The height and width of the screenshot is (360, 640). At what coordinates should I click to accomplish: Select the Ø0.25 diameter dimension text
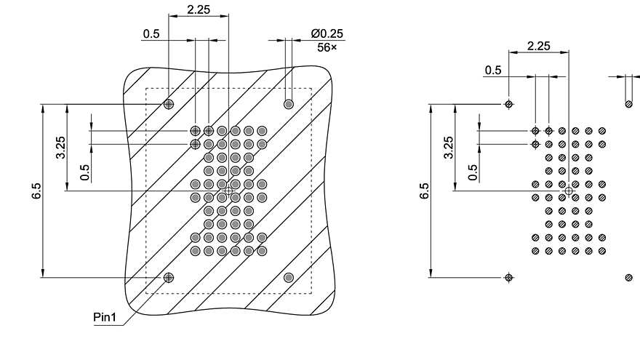[x=327, y=34]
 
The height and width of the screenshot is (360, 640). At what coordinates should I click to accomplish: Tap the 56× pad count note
[x=327, y=47]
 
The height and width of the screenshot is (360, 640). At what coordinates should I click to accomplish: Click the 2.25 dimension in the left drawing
[x=199, y=9]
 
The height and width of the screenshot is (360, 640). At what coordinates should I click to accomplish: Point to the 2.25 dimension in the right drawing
[x=538, y=46]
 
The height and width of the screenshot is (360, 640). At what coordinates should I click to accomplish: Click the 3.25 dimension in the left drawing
[x=60, y=148]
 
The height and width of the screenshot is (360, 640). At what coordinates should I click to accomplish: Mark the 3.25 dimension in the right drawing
[x=448, y=148]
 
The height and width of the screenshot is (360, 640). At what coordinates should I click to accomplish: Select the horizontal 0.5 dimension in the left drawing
[x=151, y=34]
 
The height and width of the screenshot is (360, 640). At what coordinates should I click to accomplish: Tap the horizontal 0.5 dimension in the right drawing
[x=493, y=70]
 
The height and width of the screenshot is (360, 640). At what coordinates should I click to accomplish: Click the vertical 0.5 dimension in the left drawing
[x=85, y=172]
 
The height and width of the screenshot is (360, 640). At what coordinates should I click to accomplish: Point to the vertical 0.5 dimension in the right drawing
[x=473, y=172]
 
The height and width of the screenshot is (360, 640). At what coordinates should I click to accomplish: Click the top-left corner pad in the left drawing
[x=169, y=104]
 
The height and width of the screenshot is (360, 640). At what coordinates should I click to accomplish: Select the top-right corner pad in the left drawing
[x=289, y=104]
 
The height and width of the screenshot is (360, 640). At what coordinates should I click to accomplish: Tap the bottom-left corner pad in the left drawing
[x=169, y=277]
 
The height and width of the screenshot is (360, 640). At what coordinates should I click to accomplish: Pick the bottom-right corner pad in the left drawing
[x=289, y=277]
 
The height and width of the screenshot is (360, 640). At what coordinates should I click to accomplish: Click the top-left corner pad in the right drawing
[x=509, y=104]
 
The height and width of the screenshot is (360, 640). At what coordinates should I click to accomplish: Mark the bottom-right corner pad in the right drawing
[x=628, y=277]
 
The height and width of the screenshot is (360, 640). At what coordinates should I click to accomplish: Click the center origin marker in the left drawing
[x=228, y=191]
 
